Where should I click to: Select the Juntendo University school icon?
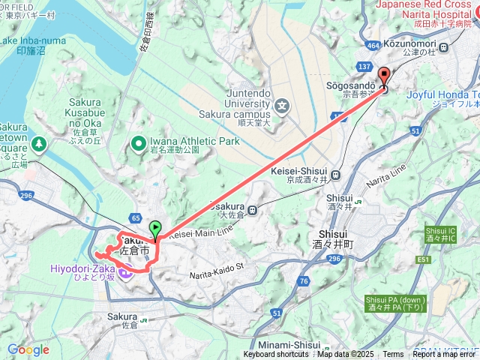[x=281, y=105]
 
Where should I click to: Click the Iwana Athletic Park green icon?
[x=139, y=142]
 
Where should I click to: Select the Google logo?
[x=28, y=349]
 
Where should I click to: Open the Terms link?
[x=393, y=355]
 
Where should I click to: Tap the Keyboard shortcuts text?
[x=275, y=355]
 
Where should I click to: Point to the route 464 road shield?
[x=373, y=46]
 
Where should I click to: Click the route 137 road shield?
[x=365, y=67]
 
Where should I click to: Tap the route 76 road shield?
[x=303, y=280]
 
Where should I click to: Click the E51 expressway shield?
[x=423, y=259]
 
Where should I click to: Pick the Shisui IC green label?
[x=440, y=234]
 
